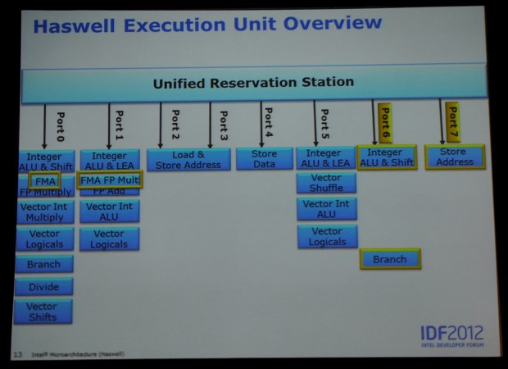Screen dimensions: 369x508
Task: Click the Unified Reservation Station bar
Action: (253, 83)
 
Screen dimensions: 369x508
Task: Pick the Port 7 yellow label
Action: (452, 121)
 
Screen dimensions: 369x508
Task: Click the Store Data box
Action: (264, 158)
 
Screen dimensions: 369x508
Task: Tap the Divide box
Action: (43, 288)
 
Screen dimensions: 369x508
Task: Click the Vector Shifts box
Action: (43, 312)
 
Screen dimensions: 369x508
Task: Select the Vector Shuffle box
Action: (325, 182)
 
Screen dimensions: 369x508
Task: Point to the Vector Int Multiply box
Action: (44, 212)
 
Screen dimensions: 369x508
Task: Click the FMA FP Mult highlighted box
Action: (110, 180)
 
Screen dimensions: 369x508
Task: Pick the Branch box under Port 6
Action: (389, 259)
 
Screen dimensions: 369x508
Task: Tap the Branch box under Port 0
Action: (43, 264)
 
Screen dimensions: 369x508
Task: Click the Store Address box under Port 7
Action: (455, 157)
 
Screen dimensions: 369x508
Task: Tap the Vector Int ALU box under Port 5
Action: (327, 209)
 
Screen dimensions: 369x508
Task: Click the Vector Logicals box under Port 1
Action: (109, 239)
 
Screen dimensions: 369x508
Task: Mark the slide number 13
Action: (17, 354)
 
